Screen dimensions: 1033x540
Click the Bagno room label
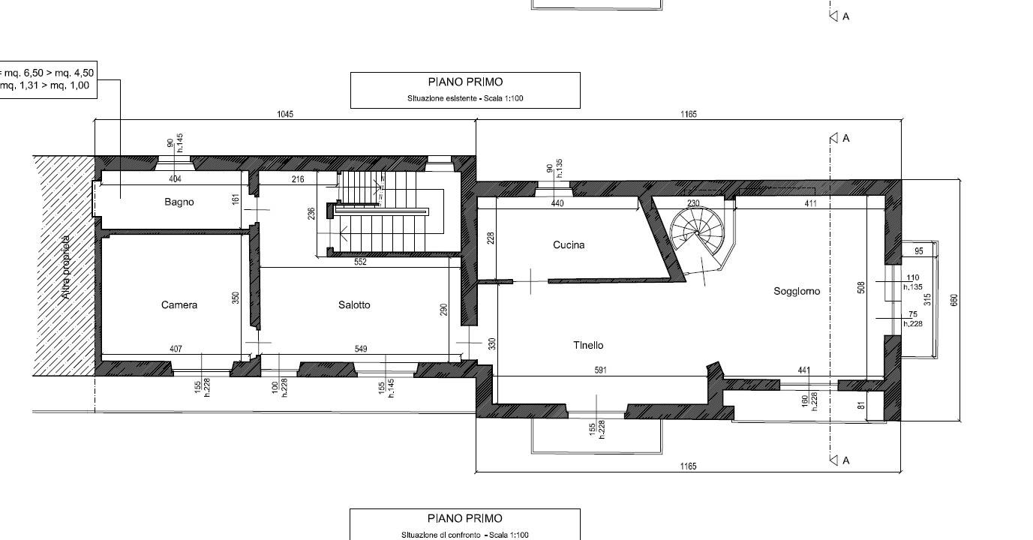tap(179, 202)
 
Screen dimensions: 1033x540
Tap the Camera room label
tap(179, 304)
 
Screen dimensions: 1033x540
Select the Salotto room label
tap(354, 304)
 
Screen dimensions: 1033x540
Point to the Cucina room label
tap(569, 244)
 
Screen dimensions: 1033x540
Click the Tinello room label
tap(588, 345)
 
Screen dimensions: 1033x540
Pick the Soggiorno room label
tap(797, 291)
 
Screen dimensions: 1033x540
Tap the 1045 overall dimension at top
tap(285, 114)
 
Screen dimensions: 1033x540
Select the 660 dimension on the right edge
tap(954, 300)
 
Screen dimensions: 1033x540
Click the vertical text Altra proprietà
tap(66, 267)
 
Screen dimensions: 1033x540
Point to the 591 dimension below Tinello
tap(600, 370)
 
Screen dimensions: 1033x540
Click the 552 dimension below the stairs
tap(360, 262)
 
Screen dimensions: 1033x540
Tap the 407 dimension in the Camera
tap(176, 349)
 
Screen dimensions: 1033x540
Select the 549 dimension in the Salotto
tap(361, 349)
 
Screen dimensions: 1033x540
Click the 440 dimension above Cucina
tap(557, 203)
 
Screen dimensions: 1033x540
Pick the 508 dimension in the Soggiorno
tap(860, 288)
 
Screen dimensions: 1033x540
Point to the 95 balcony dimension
tap(919, 251)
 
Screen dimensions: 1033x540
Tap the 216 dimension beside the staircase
tap(298, 179)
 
